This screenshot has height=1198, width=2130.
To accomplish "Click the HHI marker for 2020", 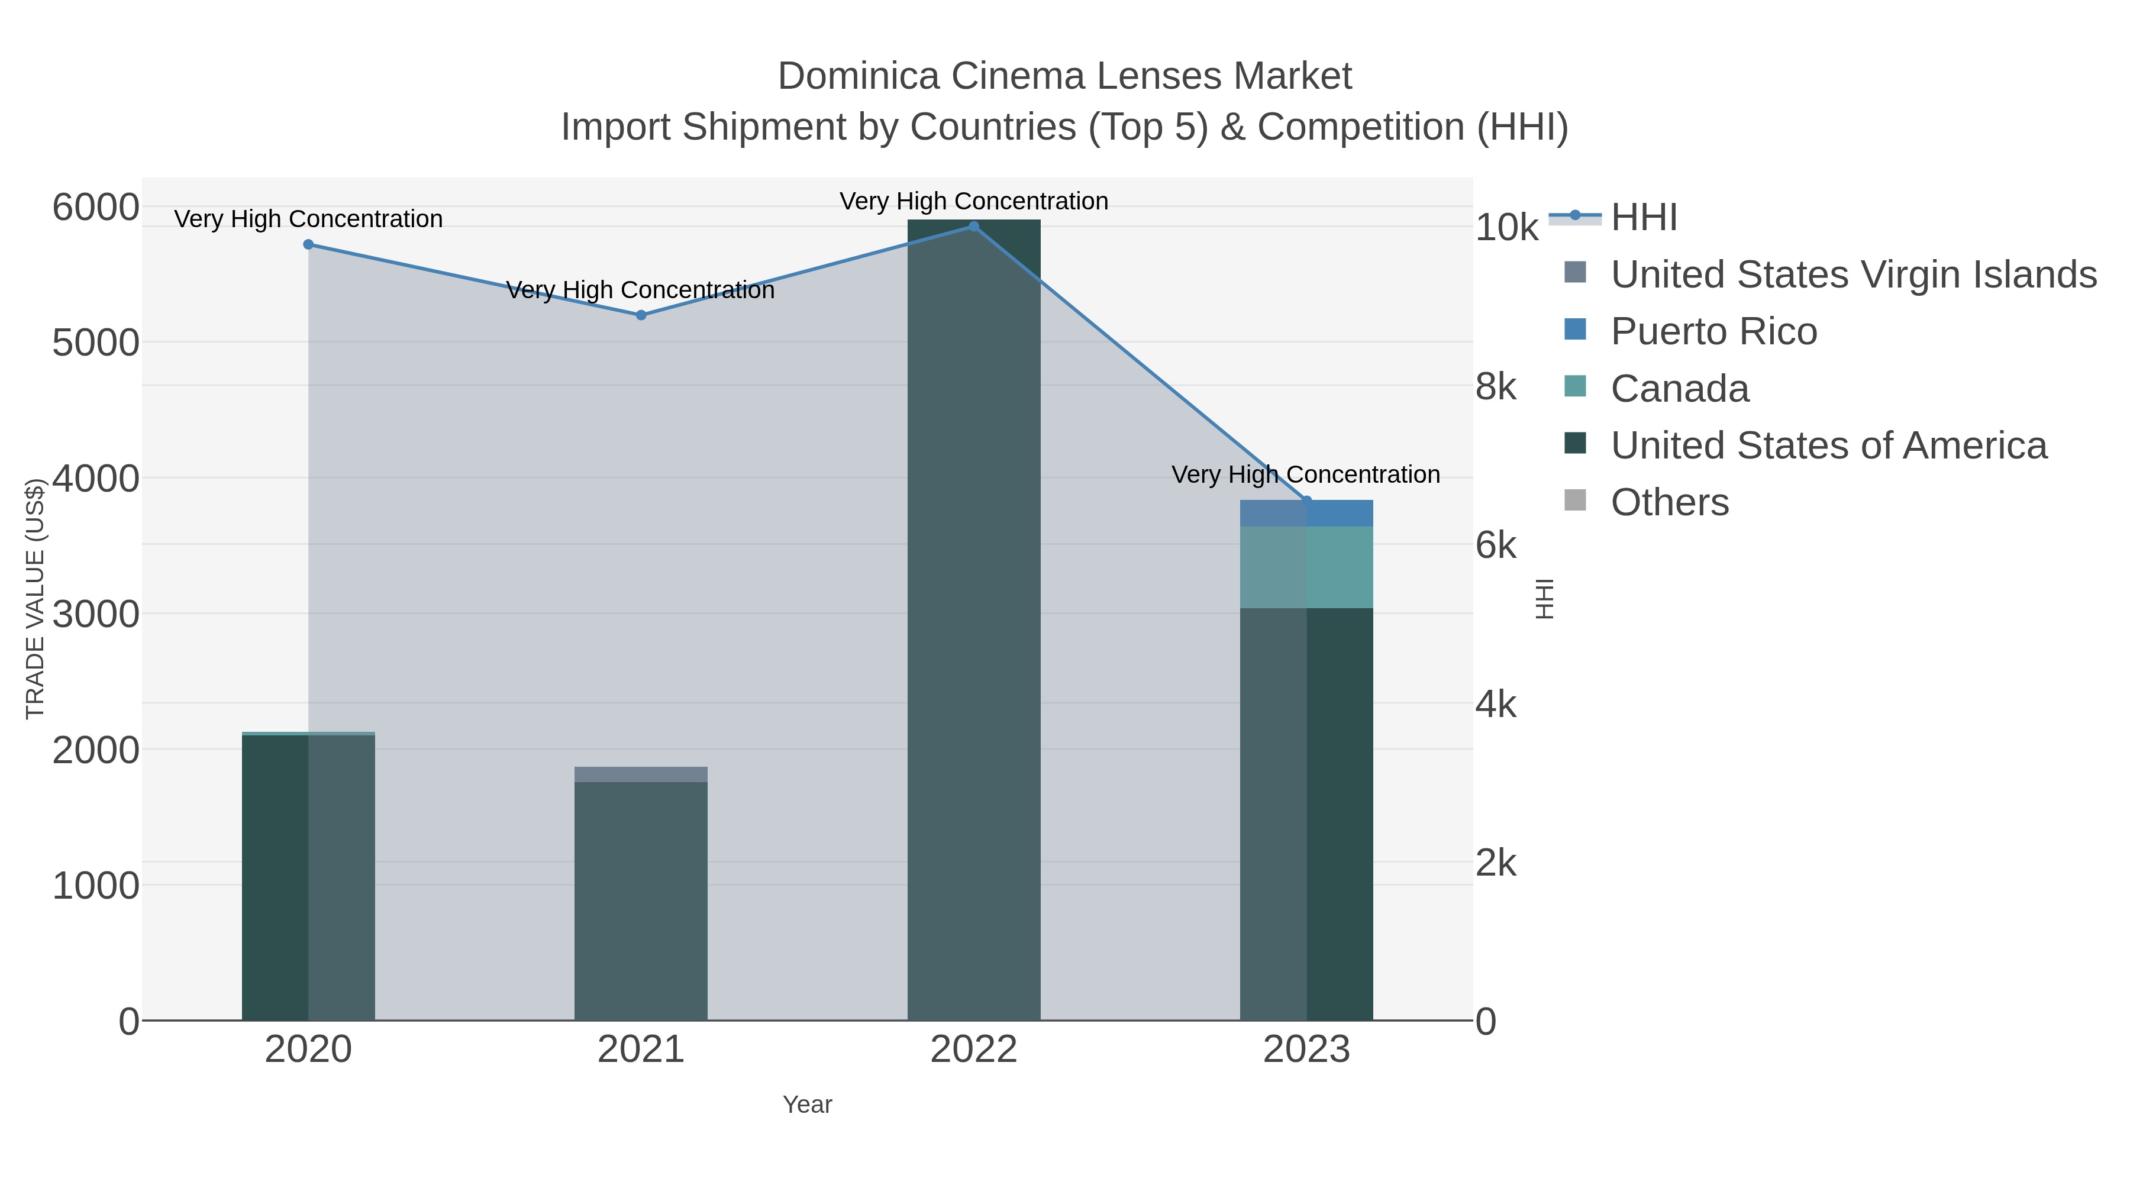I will (308, 245).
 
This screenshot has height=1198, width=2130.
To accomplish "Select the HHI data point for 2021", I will (641, 315).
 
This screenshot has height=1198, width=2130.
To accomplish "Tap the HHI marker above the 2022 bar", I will (973, 227).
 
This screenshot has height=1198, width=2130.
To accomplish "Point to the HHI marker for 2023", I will (1306, 500).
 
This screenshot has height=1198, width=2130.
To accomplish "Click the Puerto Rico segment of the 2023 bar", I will (1306, 514).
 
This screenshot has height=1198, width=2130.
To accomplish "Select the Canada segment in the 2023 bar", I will (1306, 567).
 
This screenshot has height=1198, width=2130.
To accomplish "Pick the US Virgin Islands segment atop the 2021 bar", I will (641, 774).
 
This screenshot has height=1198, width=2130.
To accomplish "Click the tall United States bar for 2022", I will (973, 620).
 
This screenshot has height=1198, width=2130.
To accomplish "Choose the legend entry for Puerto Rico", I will (1713, 331).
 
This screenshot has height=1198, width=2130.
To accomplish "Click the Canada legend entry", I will (1679, 389).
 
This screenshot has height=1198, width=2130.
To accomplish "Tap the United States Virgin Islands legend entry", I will (1853, 275).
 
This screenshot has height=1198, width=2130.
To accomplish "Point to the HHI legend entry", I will (1644, 218).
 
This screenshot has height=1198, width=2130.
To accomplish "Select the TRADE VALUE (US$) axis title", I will (35, 599).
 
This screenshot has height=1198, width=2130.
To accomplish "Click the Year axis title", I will (807, 1105).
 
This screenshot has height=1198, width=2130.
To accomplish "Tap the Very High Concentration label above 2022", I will (973, 201).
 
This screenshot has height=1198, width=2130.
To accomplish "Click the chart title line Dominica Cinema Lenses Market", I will (1064, 76).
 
